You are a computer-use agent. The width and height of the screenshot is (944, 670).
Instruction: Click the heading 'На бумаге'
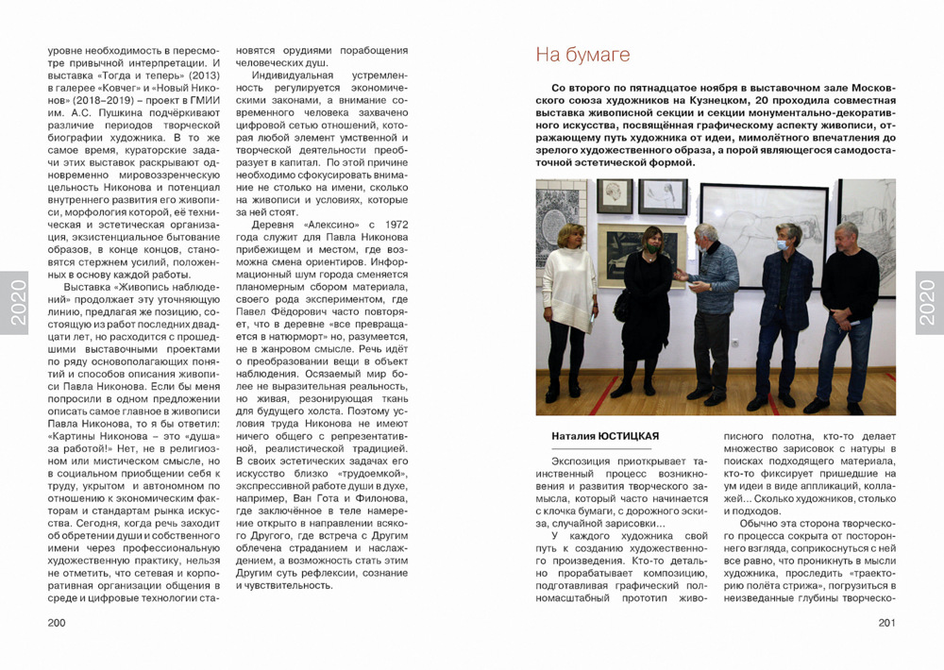tap(582, 55)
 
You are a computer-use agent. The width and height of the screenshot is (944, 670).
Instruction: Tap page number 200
tap(57, 622)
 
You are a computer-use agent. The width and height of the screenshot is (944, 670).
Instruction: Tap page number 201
tap(885, 622)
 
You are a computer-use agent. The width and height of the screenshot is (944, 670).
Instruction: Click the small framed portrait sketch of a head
tap(615, 195)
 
